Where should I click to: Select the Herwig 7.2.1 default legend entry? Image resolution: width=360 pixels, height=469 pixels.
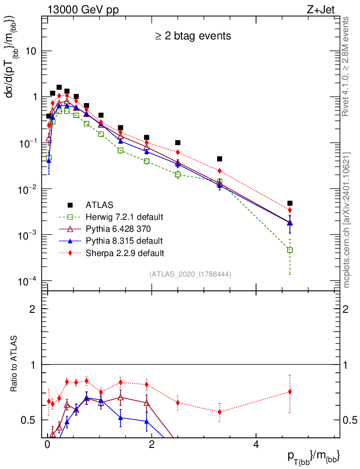(x=124, y=217)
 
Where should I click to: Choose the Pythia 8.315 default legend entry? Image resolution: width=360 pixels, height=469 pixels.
(x=124, y=240)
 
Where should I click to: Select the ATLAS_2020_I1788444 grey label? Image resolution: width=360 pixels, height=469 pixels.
(x=190, y=274)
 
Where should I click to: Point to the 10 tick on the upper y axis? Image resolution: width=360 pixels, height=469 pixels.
(x=30, y=51)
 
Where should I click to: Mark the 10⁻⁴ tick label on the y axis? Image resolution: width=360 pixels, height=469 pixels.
(x=26, y=280)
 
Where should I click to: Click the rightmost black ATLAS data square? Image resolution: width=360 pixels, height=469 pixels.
(x=289, y=203)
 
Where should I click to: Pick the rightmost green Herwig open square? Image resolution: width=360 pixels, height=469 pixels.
(x=289, y=250)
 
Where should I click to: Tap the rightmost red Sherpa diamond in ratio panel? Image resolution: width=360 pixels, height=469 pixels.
(x=289, y=392)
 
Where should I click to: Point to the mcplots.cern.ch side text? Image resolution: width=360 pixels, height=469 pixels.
(x=347, y=220)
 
